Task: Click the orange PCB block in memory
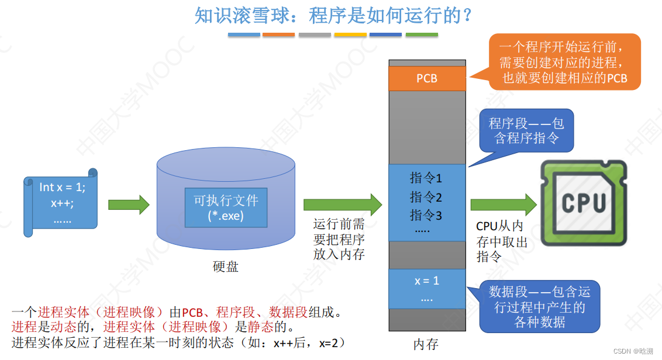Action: coord(427,78)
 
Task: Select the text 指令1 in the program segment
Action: coord(426,178)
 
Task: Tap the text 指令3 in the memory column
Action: coord(426,215)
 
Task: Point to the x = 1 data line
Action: coord(427,281)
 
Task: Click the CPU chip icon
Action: coord(583,202)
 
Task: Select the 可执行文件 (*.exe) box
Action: coord(226,207)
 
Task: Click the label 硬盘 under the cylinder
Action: coord(225,267)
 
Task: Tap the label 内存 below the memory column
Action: coord(426,344)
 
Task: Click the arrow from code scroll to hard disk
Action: coord(129,204)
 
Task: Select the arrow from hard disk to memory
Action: coord(342,204)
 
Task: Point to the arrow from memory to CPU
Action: coord(503,204)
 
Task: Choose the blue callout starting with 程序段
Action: coord(526,130)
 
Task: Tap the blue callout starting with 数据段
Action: coord(539,306)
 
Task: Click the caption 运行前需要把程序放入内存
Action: coord(339,239)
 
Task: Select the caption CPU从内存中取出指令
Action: coord(500,241)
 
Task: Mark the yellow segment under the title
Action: coord(350,35)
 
